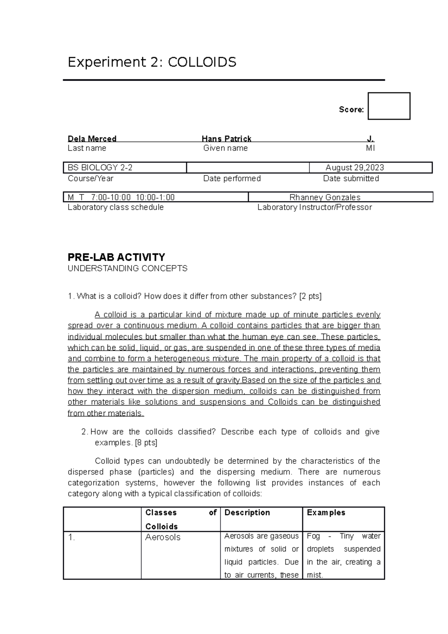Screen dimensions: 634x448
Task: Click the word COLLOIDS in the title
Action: (x=202, y=62)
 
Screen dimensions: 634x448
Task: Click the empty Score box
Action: (x=389, y=106)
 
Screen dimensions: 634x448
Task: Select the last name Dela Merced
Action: (x=92, y=139)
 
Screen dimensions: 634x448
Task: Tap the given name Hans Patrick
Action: (x=226, y=139)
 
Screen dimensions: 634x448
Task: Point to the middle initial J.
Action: (x=370, y=139)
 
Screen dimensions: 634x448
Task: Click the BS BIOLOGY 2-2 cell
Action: (x=100, y=168)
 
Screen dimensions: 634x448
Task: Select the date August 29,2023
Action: (x=355, y=168)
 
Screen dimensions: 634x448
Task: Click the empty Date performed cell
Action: (x=248, y=168)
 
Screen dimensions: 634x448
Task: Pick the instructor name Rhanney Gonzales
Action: (x=325, y=197)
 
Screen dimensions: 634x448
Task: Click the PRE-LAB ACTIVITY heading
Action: (x=116, y=257)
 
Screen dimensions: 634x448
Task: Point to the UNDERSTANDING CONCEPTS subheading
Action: (x=127, y=268)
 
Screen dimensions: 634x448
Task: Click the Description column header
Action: (x=247, y=513)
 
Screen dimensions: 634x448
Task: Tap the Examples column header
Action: (x=326, y=513)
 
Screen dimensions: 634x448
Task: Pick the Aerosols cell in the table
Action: (x=163, y=537)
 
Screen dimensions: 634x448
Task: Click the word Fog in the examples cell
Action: (x=313, y=536)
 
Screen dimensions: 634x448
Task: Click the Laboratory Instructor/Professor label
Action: (x=314, y=207)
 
